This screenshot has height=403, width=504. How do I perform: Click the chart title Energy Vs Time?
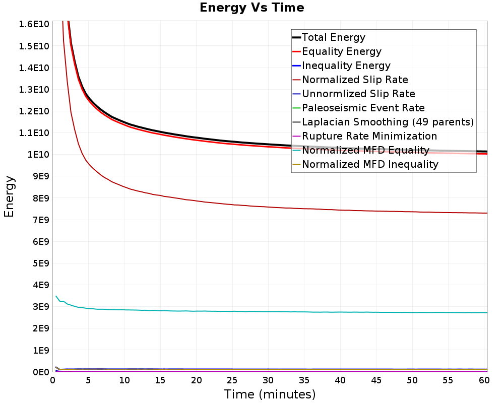[252, 8]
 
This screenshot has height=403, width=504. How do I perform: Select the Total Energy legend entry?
[333, 37]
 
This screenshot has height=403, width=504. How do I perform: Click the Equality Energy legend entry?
[341, 51]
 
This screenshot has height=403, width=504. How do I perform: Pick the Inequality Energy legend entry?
[346, 65]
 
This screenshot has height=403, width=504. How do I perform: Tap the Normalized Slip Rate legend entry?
[355, 80]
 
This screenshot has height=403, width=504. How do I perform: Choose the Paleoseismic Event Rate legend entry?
[363, 108]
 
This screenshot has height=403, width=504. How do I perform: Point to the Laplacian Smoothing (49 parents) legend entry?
[388, 122]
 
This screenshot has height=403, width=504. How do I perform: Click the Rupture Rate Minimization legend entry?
[369, 136]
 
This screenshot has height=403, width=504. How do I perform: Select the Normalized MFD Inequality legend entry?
[370, 164]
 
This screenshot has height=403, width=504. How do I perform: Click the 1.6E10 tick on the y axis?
[34, 24]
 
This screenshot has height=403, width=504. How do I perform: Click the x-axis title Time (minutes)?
[270, 394]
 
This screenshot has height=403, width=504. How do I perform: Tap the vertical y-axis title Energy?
[9, 196]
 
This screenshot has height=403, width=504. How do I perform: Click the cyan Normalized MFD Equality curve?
[252, 311]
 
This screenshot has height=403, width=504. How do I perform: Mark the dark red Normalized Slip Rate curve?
[252, 206]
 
